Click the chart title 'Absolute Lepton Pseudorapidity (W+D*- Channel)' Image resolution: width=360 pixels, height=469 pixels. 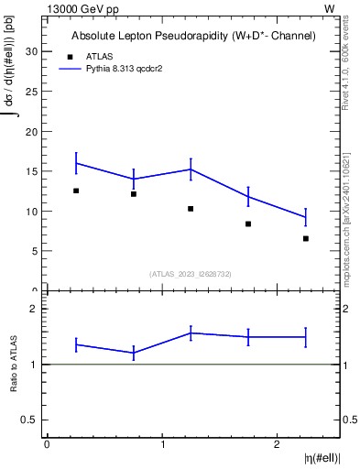[x=193, y=36]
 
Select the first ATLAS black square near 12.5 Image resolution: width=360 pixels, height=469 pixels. [x=76, y=191]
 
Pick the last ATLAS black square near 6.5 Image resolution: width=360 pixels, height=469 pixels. [x=305, y=238]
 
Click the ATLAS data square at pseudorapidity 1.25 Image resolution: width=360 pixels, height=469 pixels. [x=191, y=209]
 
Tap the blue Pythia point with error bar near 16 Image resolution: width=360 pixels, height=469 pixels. [x=76, y=163]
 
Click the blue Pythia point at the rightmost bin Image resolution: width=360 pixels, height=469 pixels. [x=305, y=216]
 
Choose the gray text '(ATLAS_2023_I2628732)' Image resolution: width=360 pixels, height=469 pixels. [x=191, y=274]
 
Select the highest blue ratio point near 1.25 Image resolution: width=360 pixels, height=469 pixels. [x=191, y=333]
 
